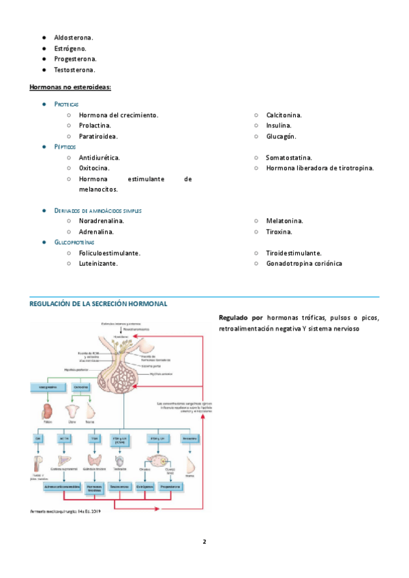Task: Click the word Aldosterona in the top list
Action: click(74, 37)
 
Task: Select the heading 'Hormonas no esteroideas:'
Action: click(70, 87)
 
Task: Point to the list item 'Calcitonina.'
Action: click(284, 115)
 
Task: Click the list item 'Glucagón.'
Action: click(281, 136)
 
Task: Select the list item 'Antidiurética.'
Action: click(100, 157)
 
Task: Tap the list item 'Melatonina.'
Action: click(284, 221)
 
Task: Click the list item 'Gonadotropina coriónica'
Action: click(304, 263)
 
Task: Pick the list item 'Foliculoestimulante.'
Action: click(110, 253)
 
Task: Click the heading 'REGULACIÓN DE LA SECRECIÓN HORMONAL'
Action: click(98, 303)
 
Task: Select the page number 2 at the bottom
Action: click(204, 542)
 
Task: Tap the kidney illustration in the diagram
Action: click(47, 411)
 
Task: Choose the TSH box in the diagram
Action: click(94, 438)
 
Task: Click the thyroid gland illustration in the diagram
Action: click(94, 461)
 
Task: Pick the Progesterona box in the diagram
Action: click(170, 487)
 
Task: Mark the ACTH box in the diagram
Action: click(66, 438)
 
